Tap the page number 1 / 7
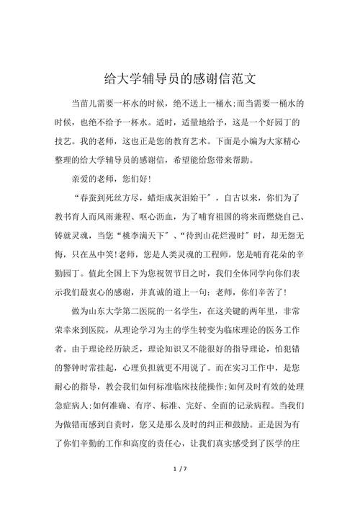click(x=180, y=490)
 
